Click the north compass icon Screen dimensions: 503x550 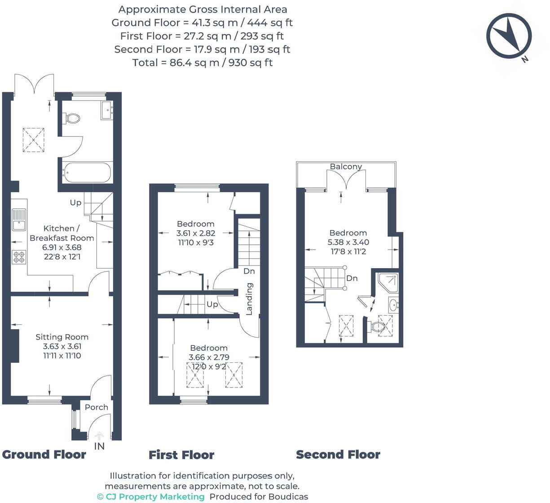[x=509, y=35]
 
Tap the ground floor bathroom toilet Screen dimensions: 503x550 [x=73, y=118]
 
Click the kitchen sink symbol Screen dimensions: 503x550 [x=19, y=219]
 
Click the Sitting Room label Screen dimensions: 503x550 [x=62, y=337]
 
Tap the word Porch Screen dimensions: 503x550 [x=97, y=407]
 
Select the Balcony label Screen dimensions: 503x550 [x=346, y=166]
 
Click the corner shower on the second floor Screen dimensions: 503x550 [x=388, y=281]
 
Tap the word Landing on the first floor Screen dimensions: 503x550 [x=249, y=298]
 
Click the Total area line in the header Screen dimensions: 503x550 [x=202, y=62]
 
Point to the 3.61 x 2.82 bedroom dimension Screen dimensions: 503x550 [x=195, y=233]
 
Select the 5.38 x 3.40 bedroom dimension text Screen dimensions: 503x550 [x=348, y=242]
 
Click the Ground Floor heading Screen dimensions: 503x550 [x=44, y=454]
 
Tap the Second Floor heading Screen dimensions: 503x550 [x=338, y=454]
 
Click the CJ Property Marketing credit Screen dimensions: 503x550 [x=151, y=496]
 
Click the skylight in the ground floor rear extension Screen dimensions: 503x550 [x=34, y=139]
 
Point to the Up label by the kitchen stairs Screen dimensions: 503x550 [x=75, y=203]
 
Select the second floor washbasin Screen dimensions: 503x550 [x=393, y=305]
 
